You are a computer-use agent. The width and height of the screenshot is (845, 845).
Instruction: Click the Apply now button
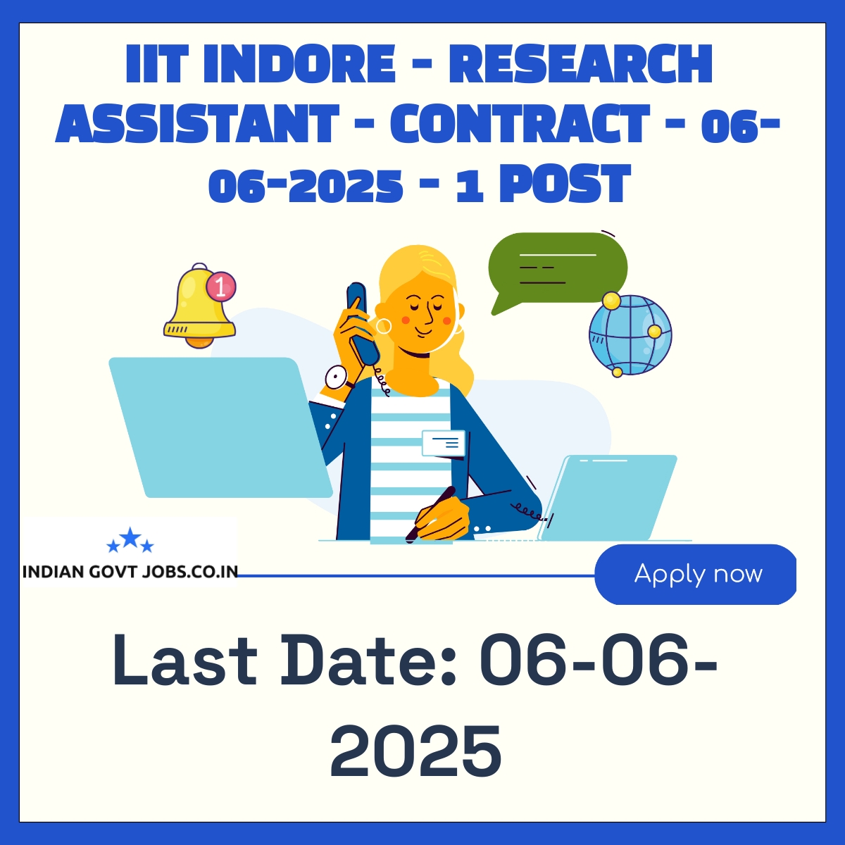pos(695,574)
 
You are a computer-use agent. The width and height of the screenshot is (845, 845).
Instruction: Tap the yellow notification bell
pos(199,306)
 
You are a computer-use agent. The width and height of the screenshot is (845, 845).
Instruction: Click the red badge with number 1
pos(221,288)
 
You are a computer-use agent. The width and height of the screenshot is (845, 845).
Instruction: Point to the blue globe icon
pos(630,335)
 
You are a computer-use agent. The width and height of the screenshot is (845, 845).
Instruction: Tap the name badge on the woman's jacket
pos(444,442)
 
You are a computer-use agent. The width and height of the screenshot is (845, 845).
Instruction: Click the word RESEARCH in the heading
pos(580,63)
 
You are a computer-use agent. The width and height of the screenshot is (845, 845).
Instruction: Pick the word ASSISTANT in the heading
pos(197,124)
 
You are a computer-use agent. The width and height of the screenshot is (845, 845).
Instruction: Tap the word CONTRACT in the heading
pos(520,124)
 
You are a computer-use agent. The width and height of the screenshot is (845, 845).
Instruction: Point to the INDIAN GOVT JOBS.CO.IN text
pos(130,572)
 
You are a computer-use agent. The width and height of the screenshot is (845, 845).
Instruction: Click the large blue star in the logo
pos(130,537)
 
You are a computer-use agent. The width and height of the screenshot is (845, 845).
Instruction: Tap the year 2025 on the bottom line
pos(415,751)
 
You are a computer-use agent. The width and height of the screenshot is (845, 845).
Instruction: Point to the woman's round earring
pos(383,326)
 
